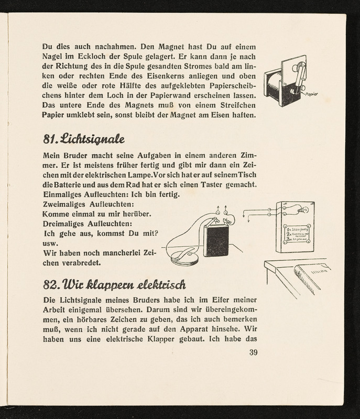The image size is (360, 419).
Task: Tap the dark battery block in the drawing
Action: (x=215, y=239)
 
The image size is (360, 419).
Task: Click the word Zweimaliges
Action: (x=63, y=204)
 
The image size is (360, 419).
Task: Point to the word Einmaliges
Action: (x=63, y=194)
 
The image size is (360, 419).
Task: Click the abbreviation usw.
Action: (x=50, y=243)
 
